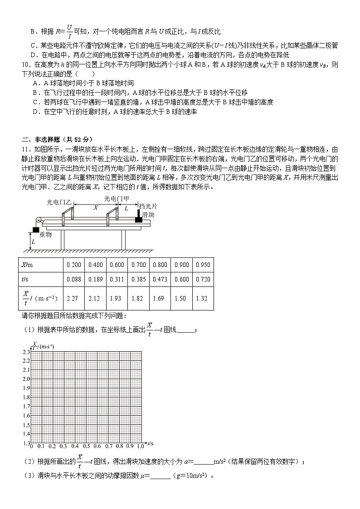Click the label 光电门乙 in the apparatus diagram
point(59,203)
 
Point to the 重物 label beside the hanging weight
point(45,234)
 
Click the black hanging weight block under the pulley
point(35,229)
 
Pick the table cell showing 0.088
point(73,279)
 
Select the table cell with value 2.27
point(73,298)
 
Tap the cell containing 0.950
point(203,265)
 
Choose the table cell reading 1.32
point(203,298)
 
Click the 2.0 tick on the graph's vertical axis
point(26,379)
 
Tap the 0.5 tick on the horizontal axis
point(86,446)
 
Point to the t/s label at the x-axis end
point(151,443)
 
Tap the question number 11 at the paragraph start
point(25,149)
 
